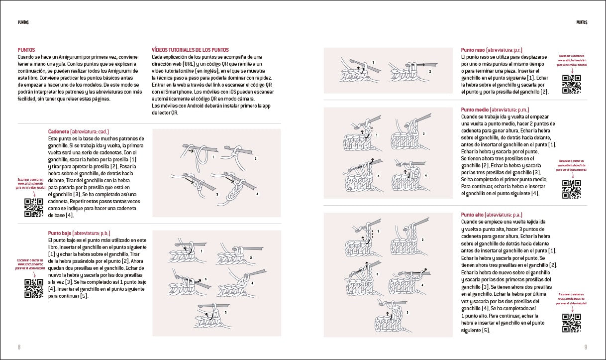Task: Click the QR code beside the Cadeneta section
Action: click(x=34, y=208)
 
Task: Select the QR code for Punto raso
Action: click(x=572, y=84)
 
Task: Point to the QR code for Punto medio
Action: click(x=572, y=189)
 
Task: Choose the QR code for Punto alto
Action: click(x=572, y=323)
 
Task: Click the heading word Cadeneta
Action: click(x=59, y=131)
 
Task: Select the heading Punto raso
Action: click(x=473, y=50)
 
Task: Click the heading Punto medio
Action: click(x=475, y=110)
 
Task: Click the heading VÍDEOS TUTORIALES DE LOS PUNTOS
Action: click(x=190, y=50)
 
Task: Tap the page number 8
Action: click(x=19, y=347)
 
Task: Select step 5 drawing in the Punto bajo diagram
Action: click(x=209, y=315)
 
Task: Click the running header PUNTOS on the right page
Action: click(x=582, y=22)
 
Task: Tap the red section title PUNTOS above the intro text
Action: click(x=26, y=50)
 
